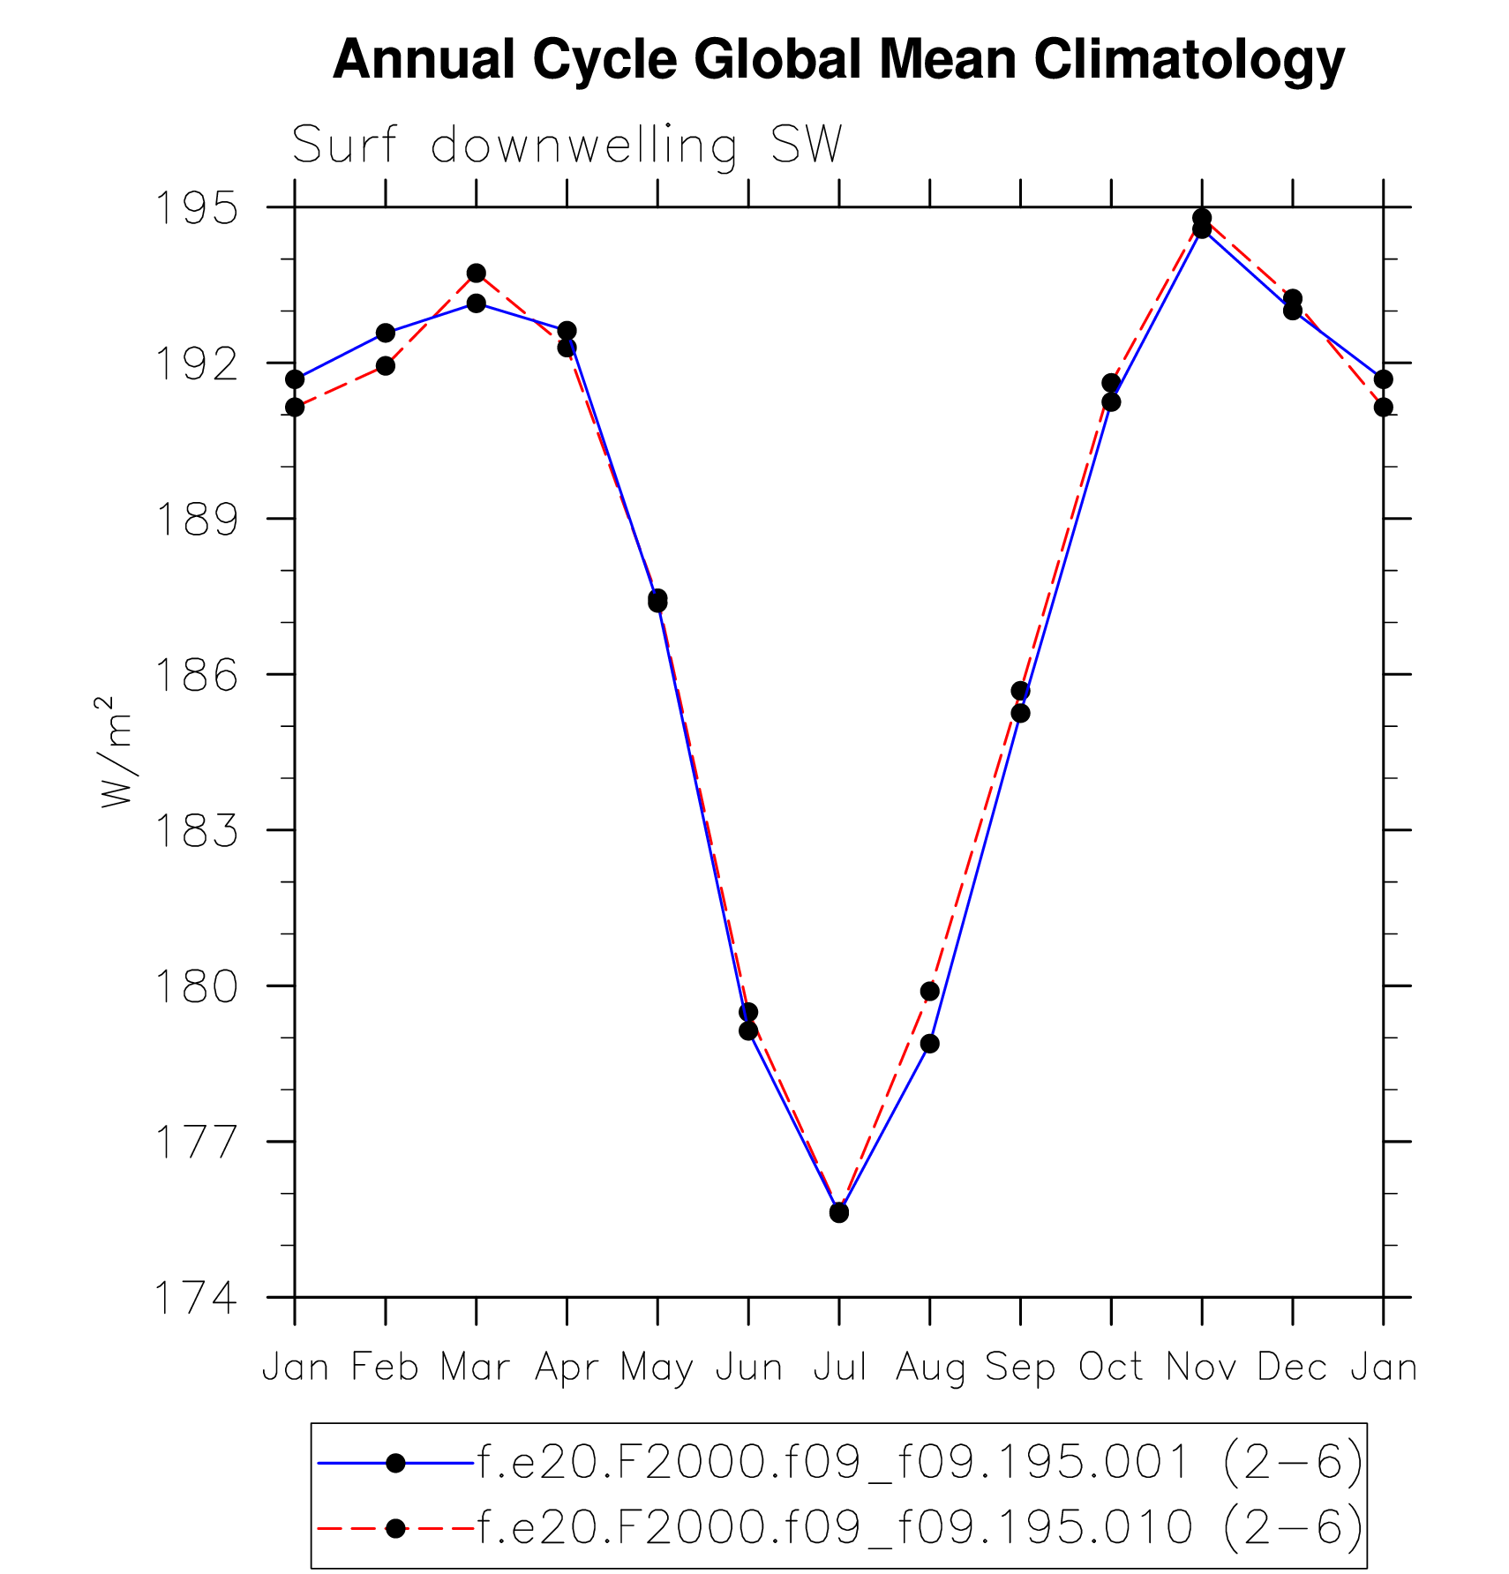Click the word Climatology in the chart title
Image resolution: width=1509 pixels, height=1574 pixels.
(1189, 60)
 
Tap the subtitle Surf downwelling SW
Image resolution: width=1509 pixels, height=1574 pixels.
(567, 145)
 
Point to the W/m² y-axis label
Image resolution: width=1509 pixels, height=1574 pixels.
(116, 752)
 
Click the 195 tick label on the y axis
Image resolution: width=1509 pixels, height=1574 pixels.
(196, 208)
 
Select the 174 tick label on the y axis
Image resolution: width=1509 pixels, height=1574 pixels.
(196, 1298)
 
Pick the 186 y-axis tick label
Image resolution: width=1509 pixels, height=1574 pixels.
(196, 675)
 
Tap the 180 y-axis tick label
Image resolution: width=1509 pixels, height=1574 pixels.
(196, 986)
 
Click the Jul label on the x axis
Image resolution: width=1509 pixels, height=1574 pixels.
(839, 1368)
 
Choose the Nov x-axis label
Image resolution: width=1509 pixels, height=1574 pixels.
(1202, 1368)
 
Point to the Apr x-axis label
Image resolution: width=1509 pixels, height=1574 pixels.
(567, 1368)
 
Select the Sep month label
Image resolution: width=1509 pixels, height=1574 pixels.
(1020, 1368)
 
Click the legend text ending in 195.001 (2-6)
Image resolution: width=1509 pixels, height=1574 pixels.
(920, 1462)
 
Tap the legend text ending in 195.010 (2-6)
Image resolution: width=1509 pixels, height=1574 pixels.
(920, 1526)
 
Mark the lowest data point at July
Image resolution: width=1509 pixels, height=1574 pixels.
(839, 1213)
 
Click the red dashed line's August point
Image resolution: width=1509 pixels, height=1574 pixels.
(929, 992)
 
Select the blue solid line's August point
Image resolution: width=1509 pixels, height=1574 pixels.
(929, 1044)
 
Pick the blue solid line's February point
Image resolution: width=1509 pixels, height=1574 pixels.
(386, 333)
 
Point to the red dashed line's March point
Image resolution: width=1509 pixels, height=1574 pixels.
(477, 273)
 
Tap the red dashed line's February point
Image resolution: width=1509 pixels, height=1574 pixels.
(386, 365)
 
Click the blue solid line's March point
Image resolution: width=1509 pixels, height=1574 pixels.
(477, 304)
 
